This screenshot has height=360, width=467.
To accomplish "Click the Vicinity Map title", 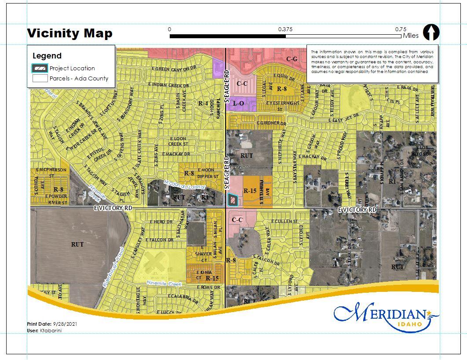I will pos(69,33).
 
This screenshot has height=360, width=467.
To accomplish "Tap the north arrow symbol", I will pos(431,33).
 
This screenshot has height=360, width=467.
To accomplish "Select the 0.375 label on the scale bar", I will pos(285,29).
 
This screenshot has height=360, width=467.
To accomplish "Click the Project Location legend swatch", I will pos(40,68).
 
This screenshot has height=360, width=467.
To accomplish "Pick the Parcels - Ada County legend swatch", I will pos(40,79).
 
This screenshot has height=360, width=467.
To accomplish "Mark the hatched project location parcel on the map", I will pos(232,200).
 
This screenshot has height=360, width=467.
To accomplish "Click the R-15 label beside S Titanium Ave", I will pos(250,191).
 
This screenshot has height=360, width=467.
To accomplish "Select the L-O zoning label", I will pos(238,103).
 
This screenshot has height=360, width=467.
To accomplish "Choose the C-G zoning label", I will pos(292,59).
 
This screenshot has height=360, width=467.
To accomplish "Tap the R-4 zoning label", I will pos(203,103).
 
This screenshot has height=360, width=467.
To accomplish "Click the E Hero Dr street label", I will pos(161,222).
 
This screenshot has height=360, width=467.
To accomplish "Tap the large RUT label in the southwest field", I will pos(77,244).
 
